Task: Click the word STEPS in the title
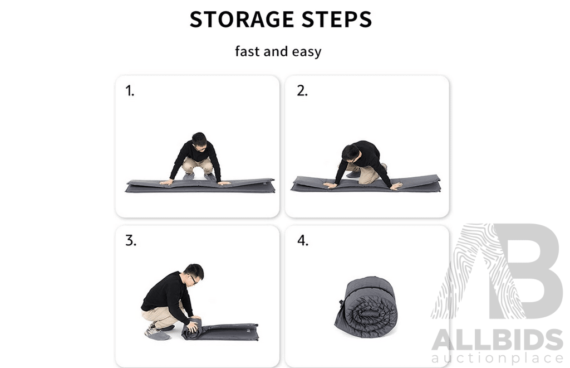tap(337, 20)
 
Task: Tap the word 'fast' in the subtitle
tap(248, 51)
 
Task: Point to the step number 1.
tap(130, 91)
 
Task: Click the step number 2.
tap(302, 91)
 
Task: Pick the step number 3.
tap(130, 241)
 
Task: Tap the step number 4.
tap(302, 241)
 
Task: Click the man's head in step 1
tap(199, 142)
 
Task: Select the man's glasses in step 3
tap(193, 279)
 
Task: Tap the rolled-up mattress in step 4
tap(366, 307)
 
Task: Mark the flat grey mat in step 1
tap(200, 186)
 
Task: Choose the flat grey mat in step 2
tap(366, 184)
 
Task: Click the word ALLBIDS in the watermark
tap(497, 340)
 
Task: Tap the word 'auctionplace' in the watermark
tap(497, 359)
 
